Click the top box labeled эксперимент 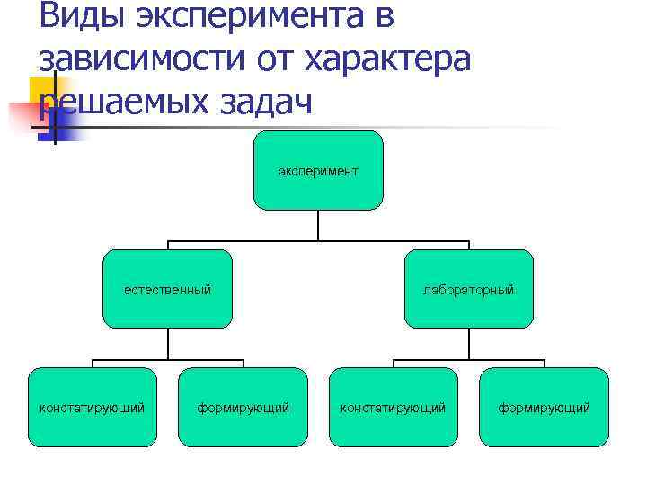point(318,170)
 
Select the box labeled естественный point(167,289)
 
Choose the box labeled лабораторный point(469,289)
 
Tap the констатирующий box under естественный point(92,407)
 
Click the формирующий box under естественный point(244,407)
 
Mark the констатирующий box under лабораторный point(393,407)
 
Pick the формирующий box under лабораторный point(544,407)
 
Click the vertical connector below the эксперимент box point(318,225)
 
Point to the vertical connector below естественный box point(167,344)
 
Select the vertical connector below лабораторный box point(469,344)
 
